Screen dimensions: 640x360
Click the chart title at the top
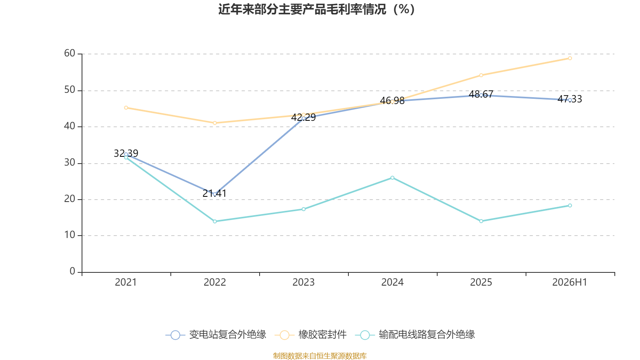[x=316, y=10]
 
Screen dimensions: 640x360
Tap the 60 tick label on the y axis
[x=70, y=53]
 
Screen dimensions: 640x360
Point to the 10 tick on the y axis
[x=70, y=235]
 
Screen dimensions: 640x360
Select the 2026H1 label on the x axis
[x=570, y=282]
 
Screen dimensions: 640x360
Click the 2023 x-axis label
[x=304, y=282]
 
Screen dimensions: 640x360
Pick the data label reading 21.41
[x=214, y=194]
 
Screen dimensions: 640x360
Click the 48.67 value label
[x=481, y=94]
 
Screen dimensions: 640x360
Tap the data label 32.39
[x=126, y=153]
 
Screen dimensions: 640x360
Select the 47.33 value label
[x=570, y=99]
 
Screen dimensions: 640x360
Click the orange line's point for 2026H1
[x=570, y=58]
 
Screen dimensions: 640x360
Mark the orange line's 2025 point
[x=481, y=75]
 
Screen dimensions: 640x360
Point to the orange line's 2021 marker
[x=126, y=108]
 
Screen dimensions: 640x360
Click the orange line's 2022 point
[x=215, y=123]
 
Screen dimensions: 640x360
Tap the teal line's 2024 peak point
[x=392, y=178]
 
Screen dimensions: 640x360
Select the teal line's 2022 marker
[x=215, y=222]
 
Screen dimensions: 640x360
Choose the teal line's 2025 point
[x=481, y=221]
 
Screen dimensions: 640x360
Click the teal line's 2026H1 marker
[x=570, y=206]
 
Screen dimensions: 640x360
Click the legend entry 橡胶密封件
[x=310, y=334]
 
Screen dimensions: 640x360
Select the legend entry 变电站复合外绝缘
[x=216, y=334]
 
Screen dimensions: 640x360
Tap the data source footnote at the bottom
[x=320, y=356]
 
